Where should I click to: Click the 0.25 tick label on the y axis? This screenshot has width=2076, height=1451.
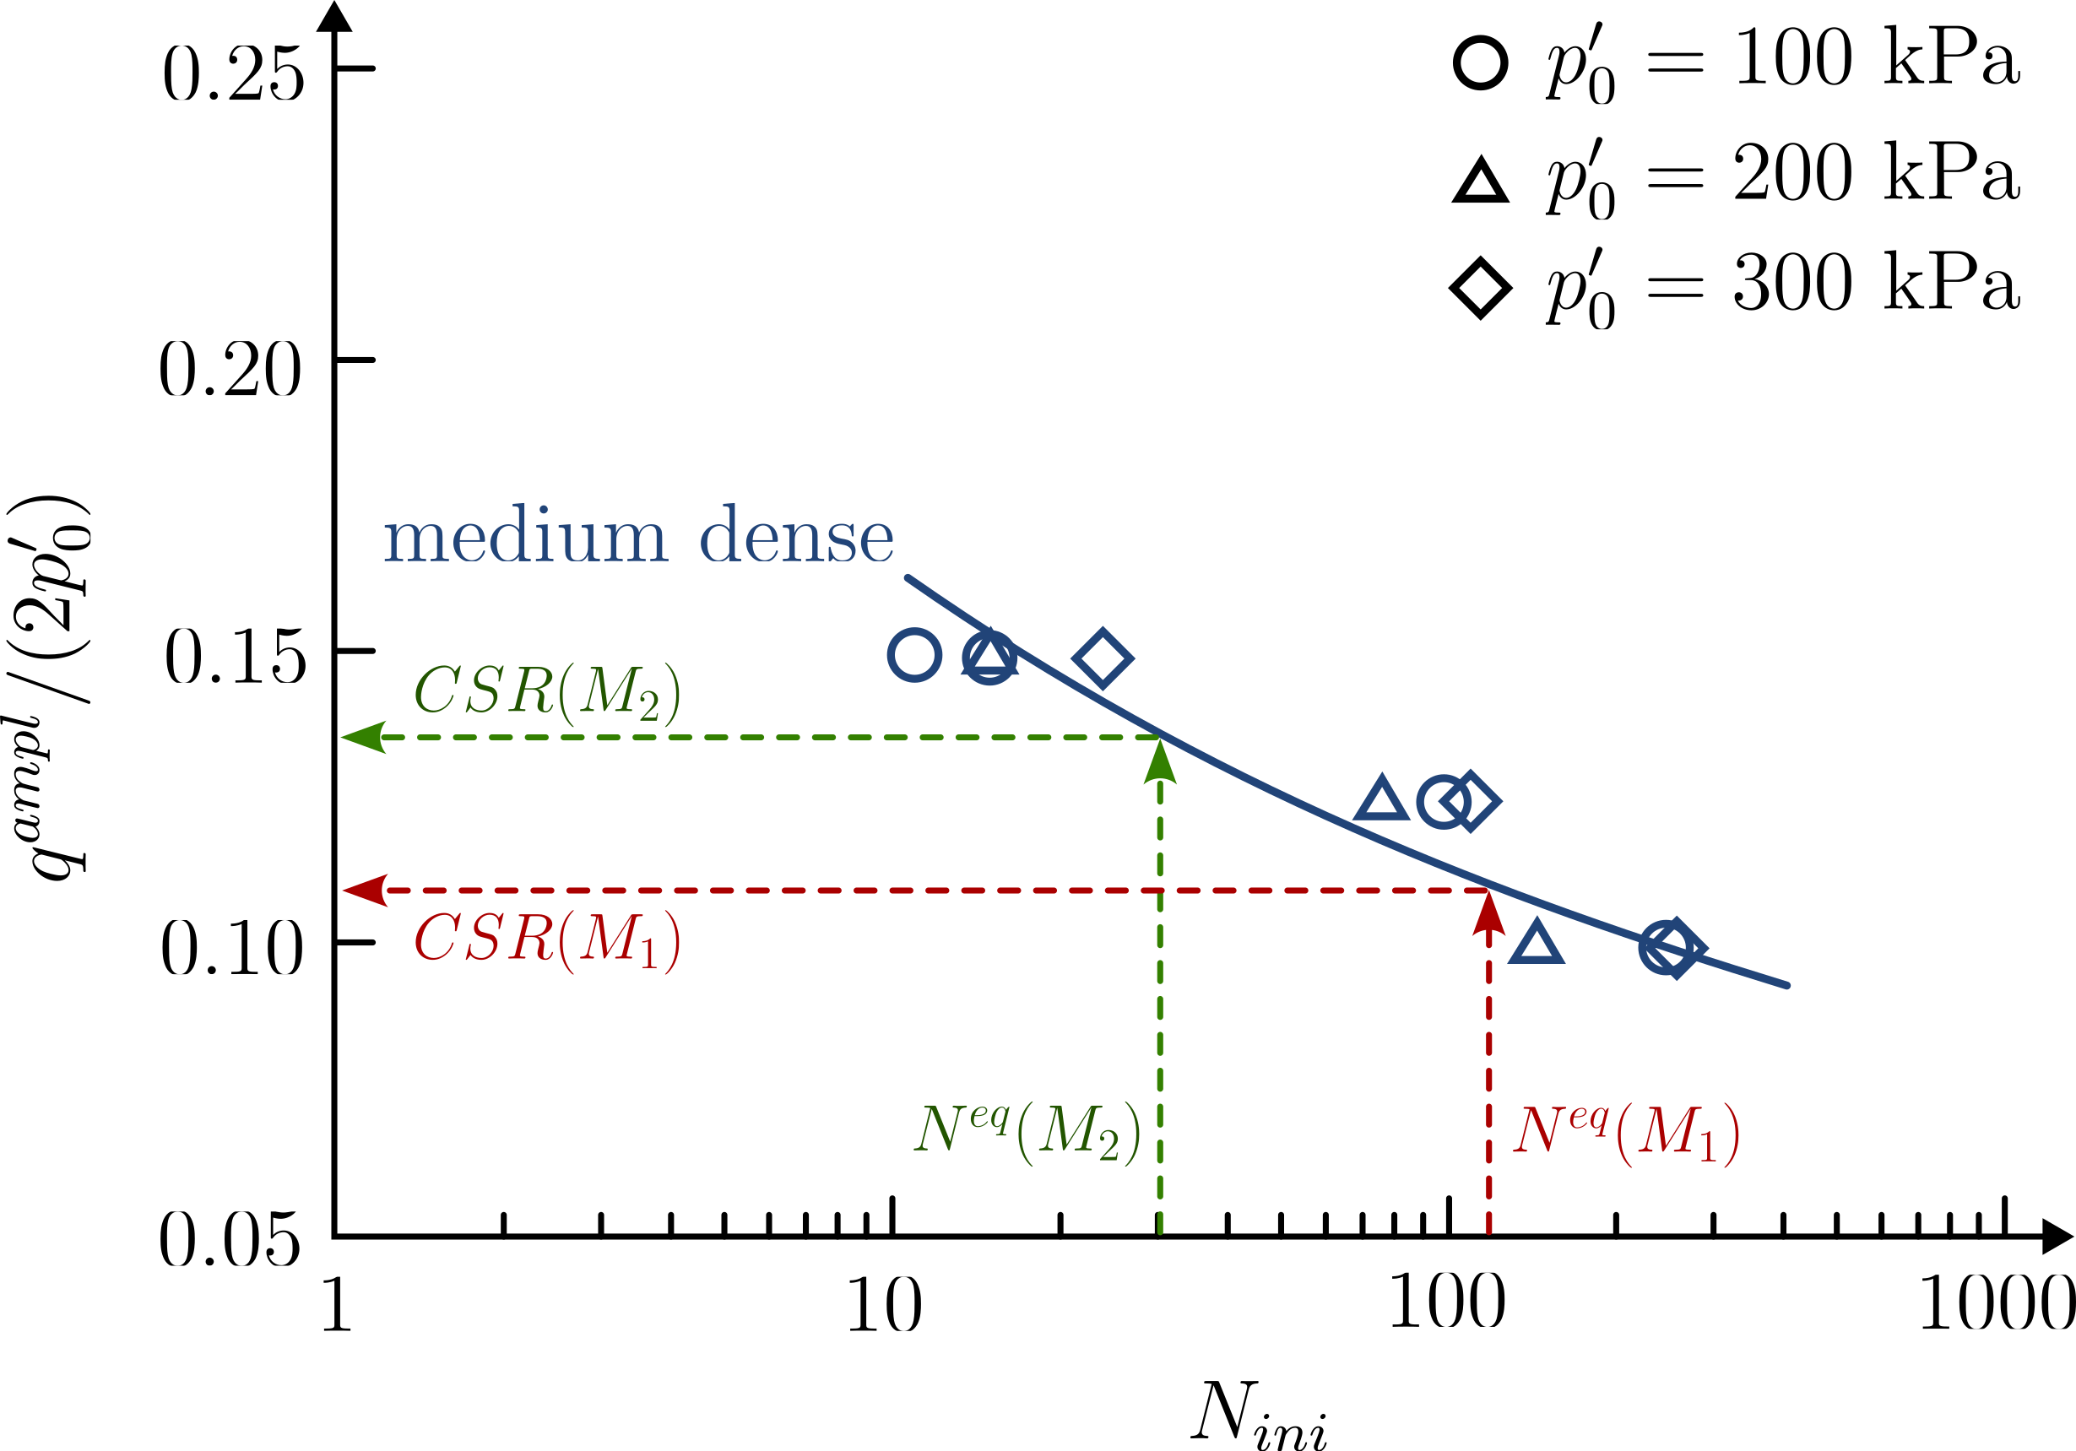point(233,73)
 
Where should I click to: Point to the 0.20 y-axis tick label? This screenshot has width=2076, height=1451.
point(230,369)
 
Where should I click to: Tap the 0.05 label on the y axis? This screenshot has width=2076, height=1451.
point(230,1239)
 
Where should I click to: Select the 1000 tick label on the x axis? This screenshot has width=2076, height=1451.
point(1996,1304)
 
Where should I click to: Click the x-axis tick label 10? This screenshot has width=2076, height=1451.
point(884,1304)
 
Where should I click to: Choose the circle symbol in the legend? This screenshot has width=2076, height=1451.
point(1480,63)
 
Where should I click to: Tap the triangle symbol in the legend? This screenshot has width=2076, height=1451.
point(1480,181)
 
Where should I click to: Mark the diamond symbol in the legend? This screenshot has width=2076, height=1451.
point(1480,289)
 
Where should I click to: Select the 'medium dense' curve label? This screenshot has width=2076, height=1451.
point(638,535)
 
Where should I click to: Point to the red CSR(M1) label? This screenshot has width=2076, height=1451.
point(547,940)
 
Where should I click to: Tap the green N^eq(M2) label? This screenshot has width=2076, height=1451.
point(1027,1132)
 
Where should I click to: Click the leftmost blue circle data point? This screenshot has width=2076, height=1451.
point(914,654)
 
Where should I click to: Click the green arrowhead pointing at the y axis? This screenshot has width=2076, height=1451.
point(364,737)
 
